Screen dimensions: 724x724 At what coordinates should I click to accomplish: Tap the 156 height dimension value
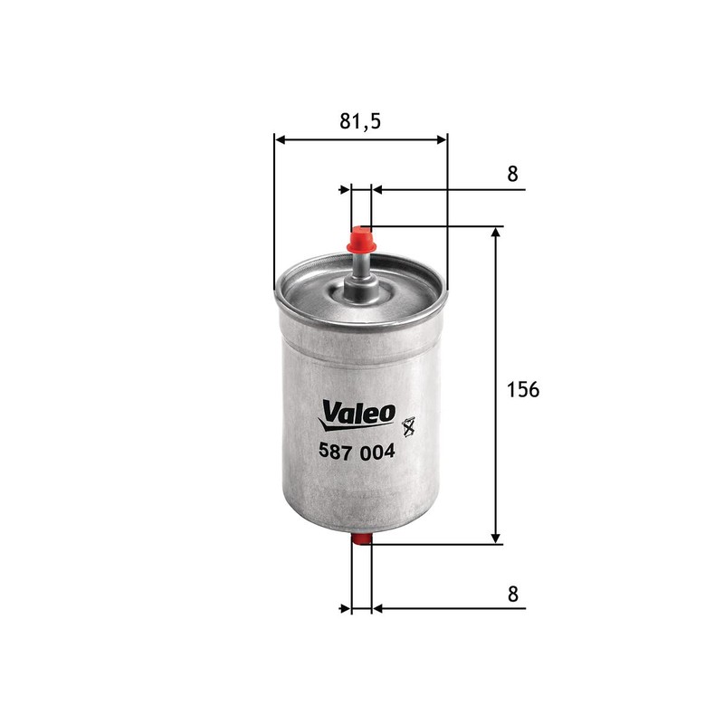coord(522,389)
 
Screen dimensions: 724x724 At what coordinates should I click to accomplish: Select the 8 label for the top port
coord(513,175)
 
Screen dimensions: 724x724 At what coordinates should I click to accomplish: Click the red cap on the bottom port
coord(361,540)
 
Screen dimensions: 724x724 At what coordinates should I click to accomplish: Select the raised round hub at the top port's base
coord(361,291)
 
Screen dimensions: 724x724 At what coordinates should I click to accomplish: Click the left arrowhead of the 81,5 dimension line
coord(279,139)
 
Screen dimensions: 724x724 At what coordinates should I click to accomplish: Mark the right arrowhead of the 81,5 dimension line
coord(442,139)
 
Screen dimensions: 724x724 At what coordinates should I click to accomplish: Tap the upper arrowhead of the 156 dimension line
coord(496,233)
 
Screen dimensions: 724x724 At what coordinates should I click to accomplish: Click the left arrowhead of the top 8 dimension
coord(345,190)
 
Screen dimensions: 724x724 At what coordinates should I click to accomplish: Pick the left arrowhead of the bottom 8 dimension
coord(345,608)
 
